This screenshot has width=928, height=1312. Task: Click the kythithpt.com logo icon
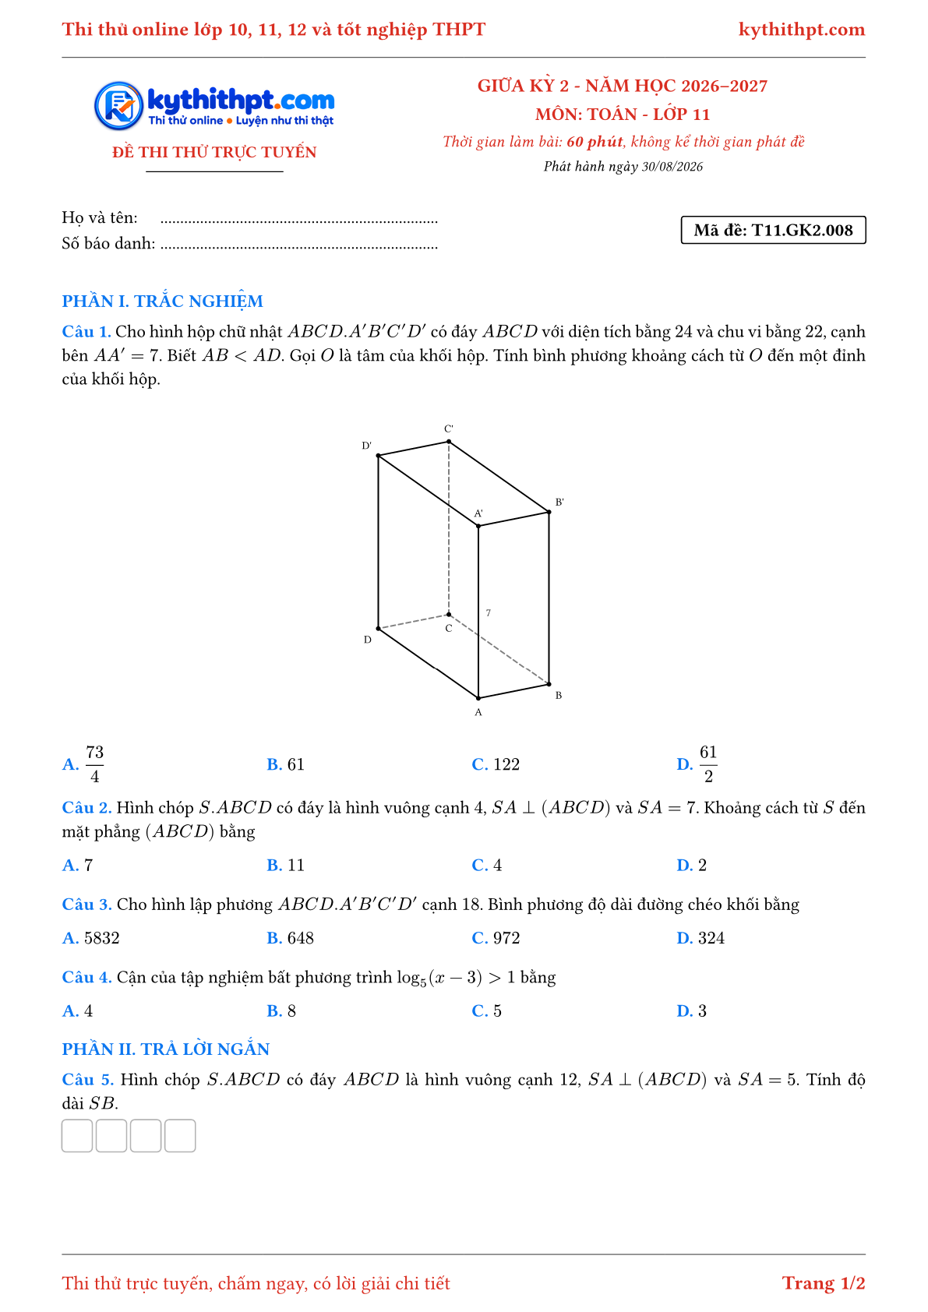tap(119, 106)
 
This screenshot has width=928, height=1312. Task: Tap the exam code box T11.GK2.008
tap(773, 230)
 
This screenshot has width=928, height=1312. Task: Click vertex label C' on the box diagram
tap(448, 429)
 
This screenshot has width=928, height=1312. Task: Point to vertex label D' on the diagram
tap(366, 446)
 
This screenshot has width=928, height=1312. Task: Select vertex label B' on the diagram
tap(559, 502)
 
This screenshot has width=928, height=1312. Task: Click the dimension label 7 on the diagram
tap(488, 612)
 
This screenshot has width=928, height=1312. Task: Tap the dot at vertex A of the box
tap(478, 698)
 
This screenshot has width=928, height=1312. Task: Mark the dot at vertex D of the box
tap(379, 629)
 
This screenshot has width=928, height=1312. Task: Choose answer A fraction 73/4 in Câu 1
tap(94, 764)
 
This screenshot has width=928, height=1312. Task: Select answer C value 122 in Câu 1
tap(506, 764)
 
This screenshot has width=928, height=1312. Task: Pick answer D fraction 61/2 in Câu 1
tap(708, 764)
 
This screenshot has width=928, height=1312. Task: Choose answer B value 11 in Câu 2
tap(296, 865)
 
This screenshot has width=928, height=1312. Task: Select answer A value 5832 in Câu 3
tap(101, 938)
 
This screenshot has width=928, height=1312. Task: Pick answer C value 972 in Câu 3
tap(506, 938)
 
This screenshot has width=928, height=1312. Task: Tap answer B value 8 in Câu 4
tap(291, 1010)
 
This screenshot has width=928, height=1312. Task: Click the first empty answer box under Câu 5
tap(77, 1136)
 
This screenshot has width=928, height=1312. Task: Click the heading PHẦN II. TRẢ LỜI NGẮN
tap(166, 1049)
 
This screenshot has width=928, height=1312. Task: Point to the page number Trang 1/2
tap(823, 1282)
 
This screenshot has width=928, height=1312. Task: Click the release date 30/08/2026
tap(672, 167)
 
